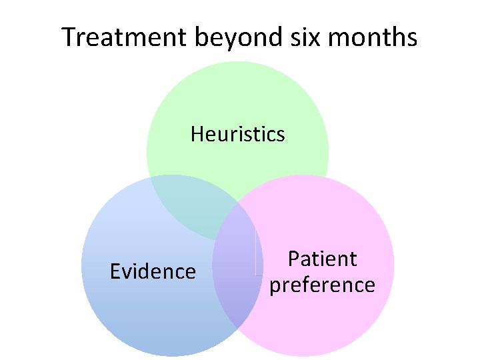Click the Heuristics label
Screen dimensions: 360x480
237,134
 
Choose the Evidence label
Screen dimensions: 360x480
153,271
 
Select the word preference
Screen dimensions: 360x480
322,285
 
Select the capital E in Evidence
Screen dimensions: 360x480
115,271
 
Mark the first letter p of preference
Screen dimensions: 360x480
274,287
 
